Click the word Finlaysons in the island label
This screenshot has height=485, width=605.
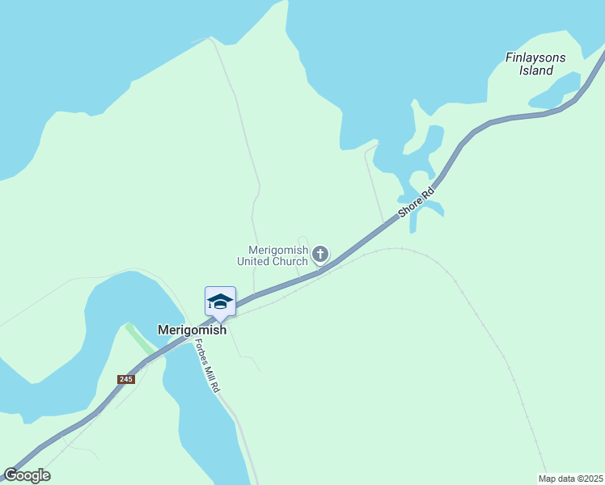click(535, 57)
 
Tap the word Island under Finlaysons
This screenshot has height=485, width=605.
click(536, 70)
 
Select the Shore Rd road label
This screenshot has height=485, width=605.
click(417, 202)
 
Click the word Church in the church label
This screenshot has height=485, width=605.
click(291, 261)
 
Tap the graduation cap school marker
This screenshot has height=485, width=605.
click(220, 302)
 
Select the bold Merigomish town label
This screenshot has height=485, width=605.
click(191, 331)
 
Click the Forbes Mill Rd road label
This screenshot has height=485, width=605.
click(206, 365)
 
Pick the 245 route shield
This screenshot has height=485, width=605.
click(125, 379)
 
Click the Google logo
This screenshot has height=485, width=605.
click(27, 475)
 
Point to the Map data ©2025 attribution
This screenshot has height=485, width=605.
click(570, 478)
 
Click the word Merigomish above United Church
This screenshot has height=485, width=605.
click(278, 250)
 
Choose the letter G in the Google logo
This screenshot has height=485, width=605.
click(11, 475)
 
